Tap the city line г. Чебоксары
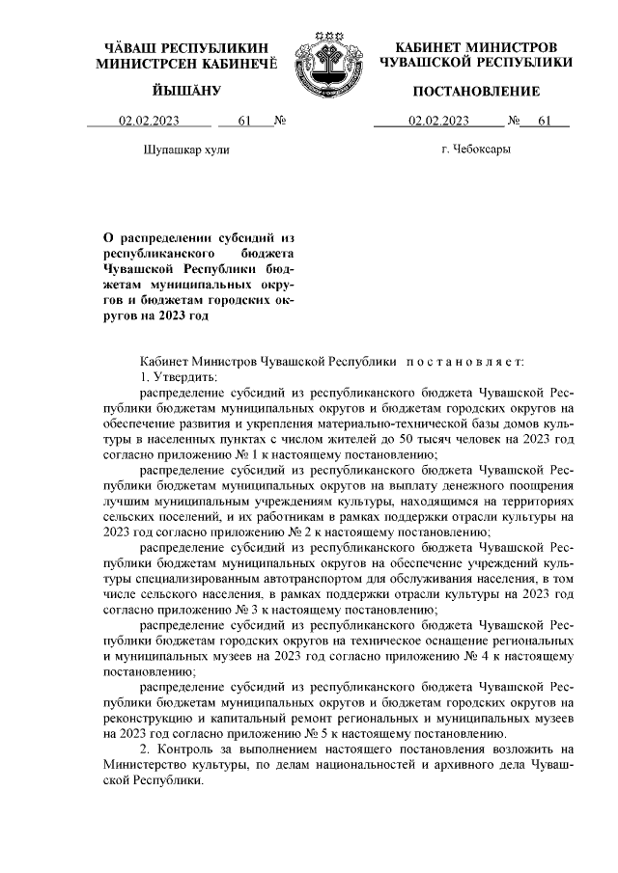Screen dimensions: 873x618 476,150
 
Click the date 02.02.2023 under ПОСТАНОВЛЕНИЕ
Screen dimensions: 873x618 438,122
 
